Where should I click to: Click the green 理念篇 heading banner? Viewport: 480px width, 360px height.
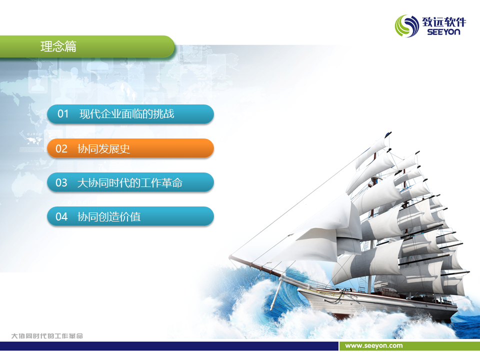point(87,46)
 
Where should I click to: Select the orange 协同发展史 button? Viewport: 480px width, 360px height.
point(130,148)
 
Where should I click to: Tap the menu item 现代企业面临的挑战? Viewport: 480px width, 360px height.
point(126,114)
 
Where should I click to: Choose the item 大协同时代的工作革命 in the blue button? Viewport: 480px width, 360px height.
point(130,183)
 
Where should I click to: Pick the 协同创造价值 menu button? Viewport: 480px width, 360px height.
point(130,216)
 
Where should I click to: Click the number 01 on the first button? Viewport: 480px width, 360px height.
point(63,114)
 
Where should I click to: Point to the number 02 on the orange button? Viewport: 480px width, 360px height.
point(61,149)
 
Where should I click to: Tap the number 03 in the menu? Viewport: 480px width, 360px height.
point(61,183)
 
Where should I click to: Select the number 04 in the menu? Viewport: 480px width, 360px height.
point(61,216)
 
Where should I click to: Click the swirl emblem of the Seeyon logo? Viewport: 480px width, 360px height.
point(407,26)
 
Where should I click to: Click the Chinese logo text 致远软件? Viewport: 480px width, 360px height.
point(444,22)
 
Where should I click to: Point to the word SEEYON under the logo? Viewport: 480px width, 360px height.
point(443,32)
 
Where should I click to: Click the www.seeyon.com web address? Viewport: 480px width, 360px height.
point(374,345)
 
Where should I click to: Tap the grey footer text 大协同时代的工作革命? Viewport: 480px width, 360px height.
point(47,336)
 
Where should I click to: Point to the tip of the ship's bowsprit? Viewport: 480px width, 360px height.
point(230,257)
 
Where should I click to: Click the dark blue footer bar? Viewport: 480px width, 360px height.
point(169,346)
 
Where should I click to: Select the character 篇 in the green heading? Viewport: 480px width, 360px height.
point(70,46)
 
